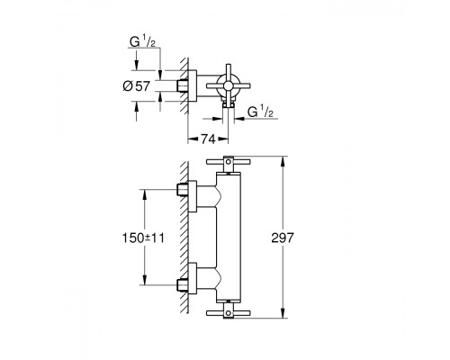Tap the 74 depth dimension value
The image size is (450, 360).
[x=208, y=139]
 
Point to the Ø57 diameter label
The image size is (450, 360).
[x=137, y=86]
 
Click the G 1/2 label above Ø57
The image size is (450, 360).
[x=143, y=42]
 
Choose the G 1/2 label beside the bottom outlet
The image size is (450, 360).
[x=261, y=112]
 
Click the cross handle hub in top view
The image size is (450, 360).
[x=228, y=86]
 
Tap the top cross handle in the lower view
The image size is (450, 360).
[x=229, y=162]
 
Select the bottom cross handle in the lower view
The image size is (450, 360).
[x=229, y=312]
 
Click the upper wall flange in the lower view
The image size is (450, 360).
[x=193, y=196]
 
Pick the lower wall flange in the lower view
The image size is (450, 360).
[x=193, y=278]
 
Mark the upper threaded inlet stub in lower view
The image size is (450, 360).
[x=182, y=190]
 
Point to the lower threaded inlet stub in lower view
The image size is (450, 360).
[x=182, y=285]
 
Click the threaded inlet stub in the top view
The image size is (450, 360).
[x=182, y=86]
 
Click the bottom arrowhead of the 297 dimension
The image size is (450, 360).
[x=283, y=313]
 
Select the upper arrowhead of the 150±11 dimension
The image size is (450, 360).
[x=145, y=194]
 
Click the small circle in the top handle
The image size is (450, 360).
[x=229, y=162]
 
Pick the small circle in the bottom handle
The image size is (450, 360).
[x=229, y=313]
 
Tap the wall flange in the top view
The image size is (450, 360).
[x=193, y=86]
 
